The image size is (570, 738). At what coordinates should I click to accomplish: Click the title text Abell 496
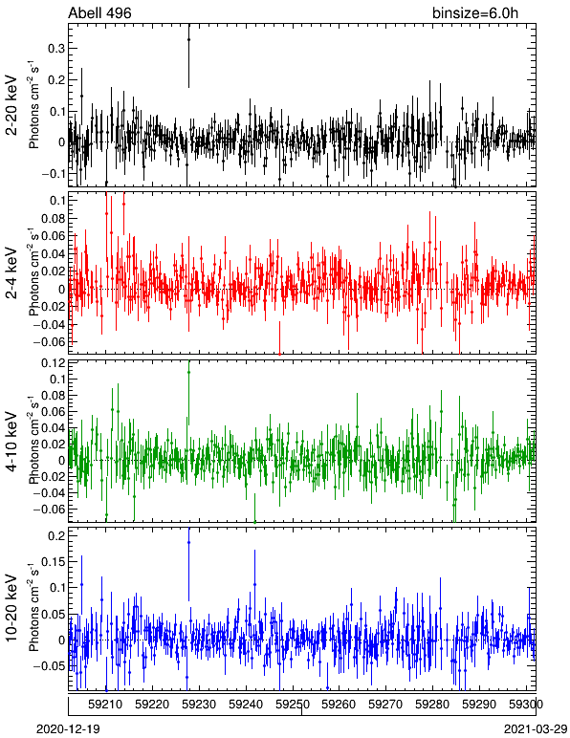click(x=99, y=12)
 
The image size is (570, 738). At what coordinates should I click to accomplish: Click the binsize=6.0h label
click(x=475, y=12)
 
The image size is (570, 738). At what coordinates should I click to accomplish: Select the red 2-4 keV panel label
click(x=11, y=273)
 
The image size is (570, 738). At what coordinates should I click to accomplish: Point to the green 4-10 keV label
click(x=11, y=442)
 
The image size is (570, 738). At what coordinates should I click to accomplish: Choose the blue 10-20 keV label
click(x=11, y=608)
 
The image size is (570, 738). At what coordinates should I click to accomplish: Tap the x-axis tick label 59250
click(x=293, y=705)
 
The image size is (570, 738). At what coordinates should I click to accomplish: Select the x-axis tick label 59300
click(x=526, y=705)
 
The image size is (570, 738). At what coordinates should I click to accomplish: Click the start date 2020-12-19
click(x=68, y=729)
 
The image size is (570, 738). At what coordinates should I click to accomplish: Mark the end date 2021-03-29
click(x=536, y=729)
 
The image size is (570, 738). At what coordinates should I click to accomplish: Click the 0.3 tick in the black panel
click(x=56, y=49)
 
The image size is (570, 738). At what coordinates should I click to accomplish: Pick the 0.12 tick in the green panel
click(x=54, y=363)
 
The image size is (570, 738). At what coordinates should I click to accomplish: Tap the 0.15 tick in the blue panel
click(x=54, y=561)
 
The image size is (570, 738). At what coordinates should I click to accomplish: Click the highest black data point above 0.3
click(x=188, y=40)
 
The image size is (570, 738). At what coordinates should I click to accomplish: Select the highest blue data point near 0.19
click(x=188, y=543)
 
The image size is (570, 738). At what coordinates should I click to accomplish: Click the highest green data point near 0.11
click(x=188, y=372)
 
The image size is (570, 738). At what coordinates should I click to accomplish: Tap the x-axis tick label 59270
click(x=385, y=705)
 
